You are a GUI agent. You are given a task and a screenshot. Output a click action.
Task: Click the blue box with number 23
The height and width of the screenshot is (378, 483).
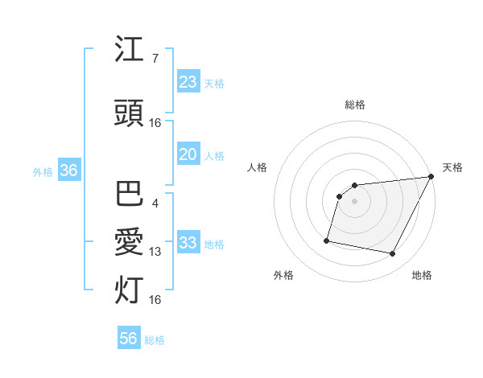188,82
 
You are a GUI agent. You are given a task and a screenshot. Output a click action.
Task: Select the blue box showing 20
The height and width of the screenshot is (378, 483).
188,155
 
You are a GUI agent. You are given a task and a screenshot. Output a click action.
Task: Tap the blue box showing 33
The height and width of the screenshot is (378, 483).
188,244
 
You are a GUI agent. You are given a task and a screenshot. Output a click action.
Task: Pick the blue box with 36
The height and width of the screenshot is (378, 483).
68,171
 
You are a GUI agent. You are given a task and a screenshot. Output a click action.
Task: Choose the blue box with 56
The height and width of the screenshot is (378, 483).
129,339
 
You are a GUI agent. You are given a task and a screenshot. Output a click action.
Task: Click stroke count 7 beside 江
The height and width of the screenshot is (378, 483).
155,58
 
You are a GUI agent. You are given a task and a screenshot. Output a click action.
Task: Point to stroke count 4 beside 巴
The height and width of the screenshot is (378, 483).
155,203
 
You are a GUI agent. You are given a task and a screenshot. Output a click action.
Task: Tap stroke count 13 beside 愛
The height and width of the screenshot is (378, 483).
155,252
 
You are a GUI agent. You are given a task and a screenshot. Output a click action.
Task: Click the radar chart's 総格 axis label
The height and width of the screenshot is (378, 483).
355,105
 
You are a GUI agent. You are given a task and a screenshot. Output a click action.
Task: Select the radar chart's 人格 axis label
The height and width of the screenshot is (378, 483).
258,167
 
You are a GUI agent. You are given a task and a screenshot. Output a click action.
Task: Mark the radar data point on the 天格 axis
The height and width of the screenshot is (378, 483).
432,177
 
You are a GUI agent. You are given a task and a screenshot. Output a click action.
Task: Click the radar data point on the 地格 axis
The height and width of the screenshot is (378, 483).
393,254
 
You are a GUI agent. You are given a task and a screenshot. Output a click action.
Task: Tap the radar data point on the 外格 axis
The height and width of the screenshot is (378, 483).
327,240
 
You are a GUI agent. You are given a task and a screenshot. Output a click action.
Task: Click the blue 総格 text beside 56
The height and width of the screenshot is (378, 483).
155,340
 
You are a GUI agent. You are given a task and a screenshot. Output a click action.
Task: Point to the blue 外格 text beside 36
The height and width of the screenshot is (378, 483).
43,172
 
